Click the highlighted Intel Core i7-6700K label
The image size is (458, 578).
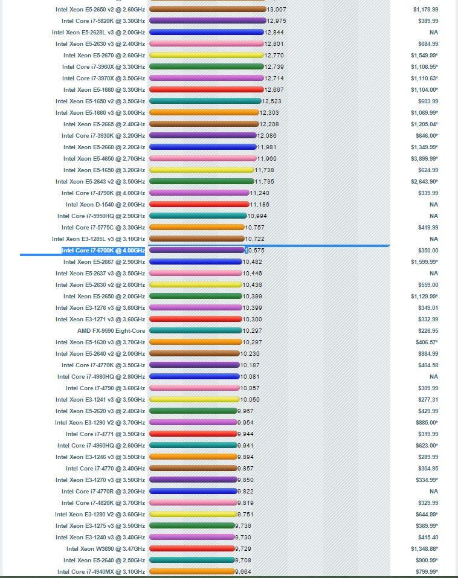pos(103,251)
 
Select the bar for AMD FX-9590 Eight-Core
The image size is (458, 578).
pos(195,331)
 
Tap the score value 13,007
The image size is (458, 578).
pos(276,10)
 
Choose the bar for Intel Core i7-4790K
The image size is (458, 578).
pos(199,193)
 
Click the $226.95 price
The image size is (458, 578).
pos(428,331)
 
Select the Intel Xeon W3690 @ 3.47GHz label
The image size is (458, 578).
pos(105,549)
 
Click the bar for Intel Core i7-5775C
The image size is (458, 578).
pos(196,228)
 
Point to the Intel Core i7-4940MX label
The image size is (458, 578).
pos(101,572)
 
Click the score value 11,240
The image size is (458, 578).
pos(259,193)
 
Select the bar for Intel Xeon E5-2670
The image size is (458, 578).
pos(206,56)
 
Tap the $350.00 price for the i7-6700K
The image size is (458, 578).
pos(428,251)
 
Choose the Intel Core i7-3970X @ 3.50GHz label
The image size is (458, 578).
pos(103,79)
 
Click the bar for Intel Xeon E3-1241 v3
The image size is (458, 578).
pos(194,400)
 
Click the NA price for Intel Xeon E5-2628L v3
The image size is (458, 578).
pos(433,33)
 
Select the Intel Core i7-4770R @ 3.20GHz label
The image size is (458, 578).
pos(103,492)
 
